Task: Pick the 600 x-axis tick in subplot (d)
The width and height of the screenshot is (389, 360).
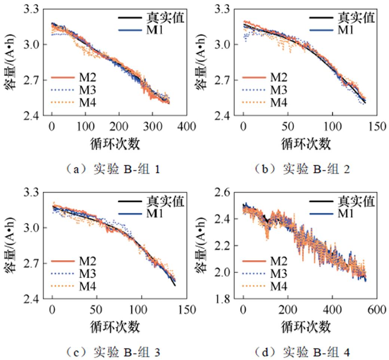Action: [x=376, y=309]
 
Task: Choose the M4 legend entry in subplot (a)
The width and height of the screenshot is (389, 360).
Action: [x=86, y=102]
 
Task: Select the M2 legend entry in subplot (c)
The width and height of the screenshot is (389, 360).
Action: [x=86, y=261]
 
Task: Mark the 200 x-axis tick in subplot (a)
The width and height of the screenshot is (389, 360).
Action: [x=119, y=126]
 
